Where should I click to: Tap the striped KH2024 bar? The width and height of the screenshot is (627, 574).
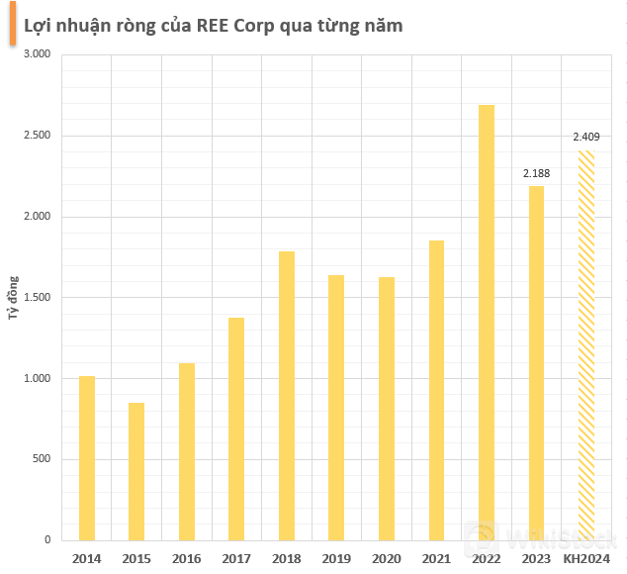[x=586, y=345]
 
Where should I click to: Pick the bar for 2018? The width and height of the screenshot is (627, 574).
[x=287, y=396]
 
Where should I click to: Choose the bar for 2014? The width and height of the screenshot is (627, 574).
[x=87, y=458]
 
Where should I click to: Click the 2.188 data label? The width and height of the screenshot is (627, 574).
[x=537, y=174]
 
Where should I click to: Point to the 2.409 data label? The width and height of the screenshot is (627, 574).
[x=586, y=137]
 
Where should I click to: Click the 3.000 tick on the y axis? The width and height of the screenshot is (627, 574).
[x=36, y=54]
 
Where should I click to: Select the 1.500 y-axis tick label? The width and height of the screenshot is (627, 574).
[x=36, y=297]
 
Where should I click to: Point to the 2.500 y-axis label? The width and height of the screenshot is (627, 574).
[x=36, y=136]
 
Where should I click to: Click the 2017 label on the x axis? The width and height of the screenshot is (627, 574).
[x=236, y=558]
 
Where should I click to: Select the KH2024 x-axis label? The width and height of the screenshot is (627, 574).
[x=586, y=558]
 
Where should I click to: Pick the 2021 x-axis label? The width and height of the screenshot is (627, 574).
[x=436, y=558]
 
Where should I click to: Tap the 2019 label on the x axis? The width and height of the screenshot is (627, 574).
[x=336, y=558]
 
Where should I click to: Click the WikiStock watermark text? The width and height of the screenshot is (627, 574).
[x=559, y=539]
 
